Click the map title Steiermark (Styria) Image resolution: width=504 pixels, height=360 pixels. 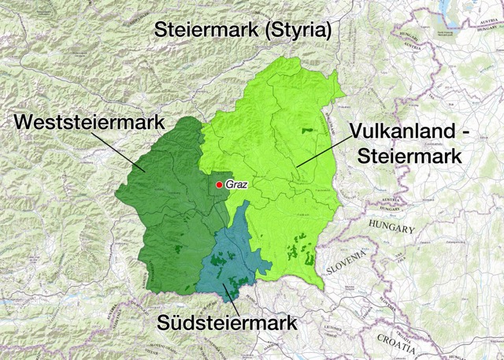tap(243, 30)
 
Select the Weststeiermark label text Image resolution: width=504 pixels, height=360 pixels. tap(89, 123)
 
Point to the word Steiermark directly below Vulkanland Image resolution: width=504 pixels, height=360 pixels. tap(408, 155)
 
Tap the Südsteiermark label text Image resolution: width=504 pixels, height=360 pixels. tap(226, 323)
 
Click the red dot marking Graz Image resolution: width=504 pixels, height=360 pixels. tap(219, 185)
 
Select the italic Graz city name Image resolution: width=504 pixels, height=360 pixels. tap(236, 185)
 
